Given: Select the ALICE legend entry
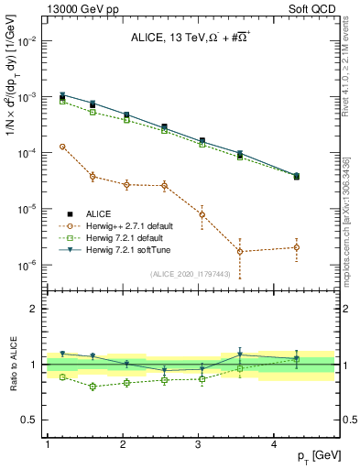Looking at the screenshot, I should tap(96, 213).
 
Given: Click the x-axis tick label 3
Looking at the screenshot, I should tap(199, 444).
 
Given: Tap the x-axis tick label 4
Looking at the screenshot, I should tap(275, 444).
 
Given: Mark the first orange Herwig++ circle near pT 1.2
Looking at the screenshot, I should tap(62, 147).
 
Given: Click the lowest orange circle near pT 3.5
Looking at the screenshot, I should tap(240, 251).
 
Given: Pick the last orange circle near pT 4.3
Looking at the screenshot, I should tap(297, 247).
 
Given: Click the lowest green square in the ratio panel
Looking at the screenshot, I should tap(93, 387).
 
